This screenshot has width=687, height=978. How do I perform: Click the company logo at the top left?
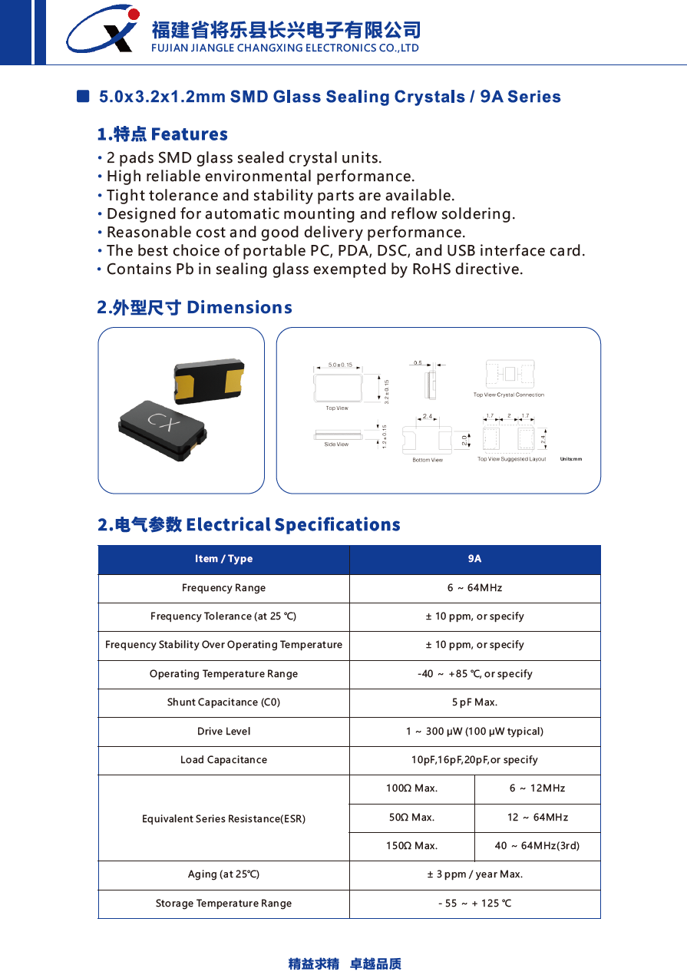102,31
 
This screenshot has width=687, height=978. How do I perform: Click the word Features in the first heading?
190,134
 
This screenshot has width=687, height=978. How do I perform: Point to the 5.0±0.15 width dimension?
340,365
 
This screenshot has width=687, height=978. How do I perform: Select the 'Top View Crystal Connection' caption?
508,395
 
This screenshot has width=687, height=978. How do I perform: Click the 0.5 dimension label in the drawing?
418,362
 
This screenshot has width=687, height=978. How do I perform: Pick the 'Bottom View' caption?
428,460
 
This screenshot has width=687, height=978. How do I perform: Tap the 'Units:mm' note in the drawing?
571,459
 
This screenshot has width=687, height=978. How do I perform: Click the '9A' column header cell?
474,559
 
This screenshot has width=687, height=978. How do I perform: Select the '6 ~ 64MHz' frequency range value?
474,588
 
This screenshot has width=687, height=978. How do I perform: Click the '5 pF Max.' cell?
474,702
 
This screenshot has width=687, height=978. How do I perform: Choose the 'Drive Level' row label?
223,732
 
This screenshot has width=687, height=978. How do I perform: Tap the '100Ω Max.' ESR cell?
411,788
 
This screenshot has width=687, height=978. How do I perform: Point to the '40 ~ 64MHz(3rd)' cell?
537,846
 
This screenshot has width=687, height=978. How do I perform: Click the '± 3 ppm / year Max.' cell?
474,874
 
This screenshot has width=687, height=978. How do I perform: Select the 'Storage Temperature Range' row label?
223,904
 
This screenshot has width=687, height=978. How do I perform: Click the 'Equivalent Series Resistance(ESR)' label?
223,819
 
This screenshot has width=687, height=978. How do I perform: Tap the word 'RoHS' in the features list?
432,269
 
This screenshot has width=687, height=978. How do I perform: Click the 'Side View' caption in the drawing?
336,444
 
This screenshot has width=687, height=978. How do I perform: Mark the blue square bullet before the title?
84,97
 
